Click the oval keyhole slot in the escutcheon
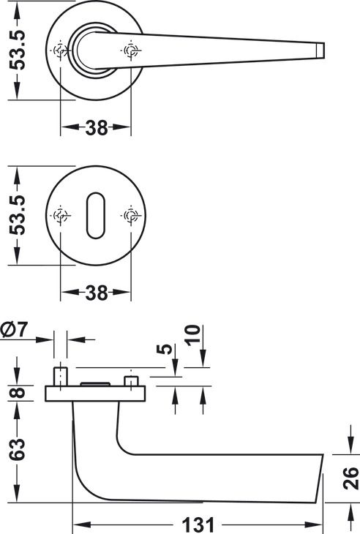pos(96,216)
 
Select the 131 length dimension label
pos(198,524)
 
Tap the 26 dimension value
pos(351,478)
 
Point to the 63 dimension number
pos(18,449)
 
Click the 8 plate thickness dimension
pos(18,393)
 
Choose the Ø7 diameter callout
pos(15,329)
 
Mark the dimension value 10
pos(192,335)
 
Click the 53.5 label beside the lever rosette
pos(18,50)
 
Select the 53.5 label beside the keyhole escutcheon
pos(18,215)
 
